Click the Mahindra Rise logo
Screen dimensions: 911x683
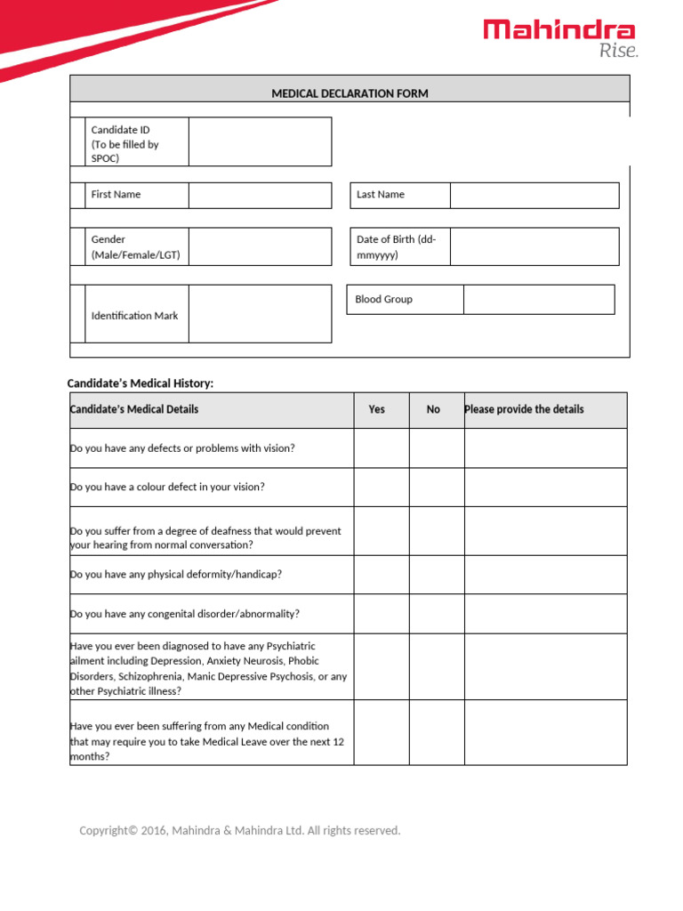[x=560, y=37]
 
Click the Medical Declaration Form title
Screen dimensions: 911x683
[x=350, y=93]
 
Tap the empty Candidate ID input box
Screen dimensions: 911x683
[x=260, y=141]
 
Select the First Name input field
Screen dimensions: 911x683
[x=260, y=195]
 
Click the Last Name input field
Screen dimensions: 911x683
[x=534, y=195]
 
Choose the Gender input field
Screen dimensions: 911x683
[x=260, y=246]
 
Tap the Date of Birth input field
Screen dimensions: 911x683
[x=534, y=246]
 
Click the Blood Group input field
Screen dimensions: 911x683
[x=538, y=300]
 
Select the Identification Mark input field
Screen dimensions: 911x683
[x=260, y=314]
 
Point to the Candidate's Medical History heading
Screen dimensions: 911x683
[x=141, y=383]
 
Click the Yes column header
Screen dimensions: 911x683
[x=377, y=409]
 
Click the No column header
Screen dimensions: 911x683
[x=433, y=409]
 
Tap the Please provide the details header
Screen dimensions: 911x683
[x=524, y=409]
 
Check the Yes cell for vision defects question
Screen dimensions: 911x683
[x=382, y=448]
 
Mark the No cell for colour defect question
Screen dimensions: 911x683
[x=437, y=488]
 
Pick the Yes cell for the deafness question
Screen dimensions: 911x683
[x=382, y=531]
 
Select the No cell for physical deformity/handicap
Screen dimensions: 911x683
[x=437, y=575]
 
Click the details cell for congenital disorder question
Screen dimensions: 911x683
[x=545, y=614]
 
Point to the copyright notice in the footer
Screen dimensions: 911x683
[x=240, y=831]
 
